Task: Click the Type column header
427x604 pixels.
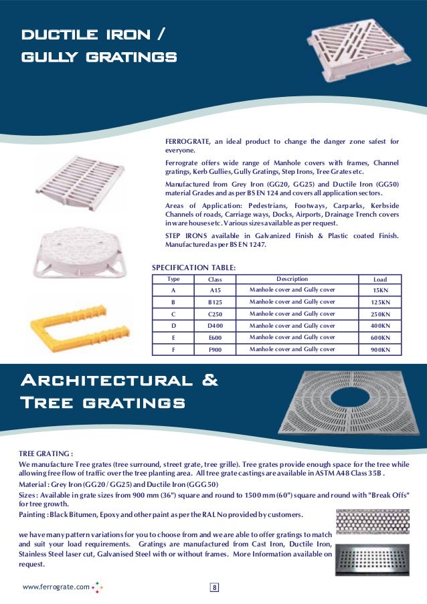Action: [173, 279]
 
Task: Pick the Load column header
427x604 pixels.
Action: [379, 279]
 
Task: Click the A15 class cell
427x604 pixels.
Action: [215, 291]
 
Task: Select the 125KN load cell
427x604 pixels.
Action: [380, 303]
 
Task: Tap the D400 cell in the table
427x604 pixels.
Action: [215, 326]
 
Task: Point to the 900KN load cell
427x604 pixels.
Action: [380, 350]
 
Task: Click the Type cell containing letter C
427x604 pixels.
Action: [173, 314]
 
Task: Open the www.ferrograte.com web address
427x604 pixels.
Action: [56, 587]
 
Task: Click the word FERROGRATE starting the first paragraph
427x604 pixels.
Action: [188, 142]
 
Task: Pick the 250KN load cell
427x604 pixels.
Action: [380, 314]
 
